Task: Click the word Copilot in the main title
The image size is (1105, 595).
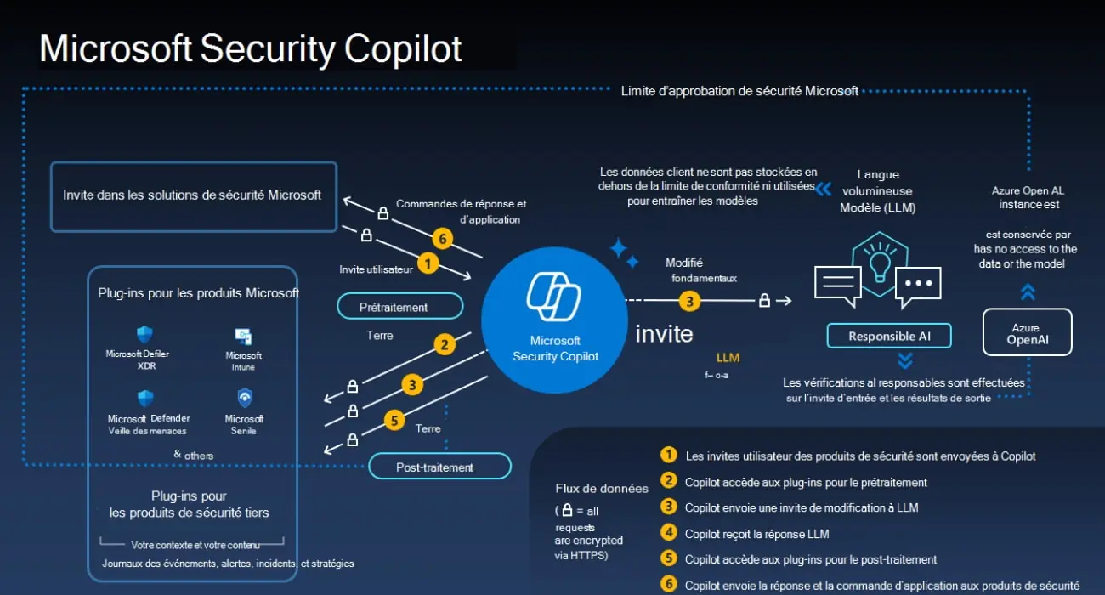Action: (404, 48)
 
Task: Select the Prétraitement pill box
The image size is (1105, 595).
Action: (399, 306)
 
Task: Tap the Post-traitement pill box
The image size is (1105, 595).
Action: (439, 467)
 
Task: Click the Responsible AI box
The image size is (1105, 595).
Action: (888, 336)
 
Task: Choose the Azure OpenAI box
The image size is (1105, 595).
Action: (1027, 331)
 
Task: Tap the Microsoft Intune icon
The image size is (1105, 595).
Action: (244, 337)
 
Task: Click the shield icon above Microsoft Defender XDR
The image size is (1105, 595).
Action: (144, 335)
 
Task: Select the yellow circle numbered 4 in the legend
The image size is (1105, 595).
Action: (669, 534)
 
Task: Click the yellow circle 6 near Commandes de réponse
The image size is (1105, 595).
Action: (440, 238)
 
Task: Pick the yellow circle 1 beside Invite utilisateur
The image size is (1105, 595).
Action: (428, 263)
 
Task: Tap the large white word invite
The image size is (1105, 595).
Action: (664, 334)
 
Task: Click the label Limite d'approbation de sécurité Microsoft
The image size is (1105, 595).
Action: (739, 91)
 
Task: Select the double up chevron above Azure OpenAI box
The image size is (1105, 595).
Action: (1028, 292)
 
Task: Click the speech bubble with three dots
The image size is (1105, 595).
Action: (918, 286)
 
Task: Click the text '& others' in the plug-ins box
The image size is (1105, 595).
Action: (194, 456)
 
